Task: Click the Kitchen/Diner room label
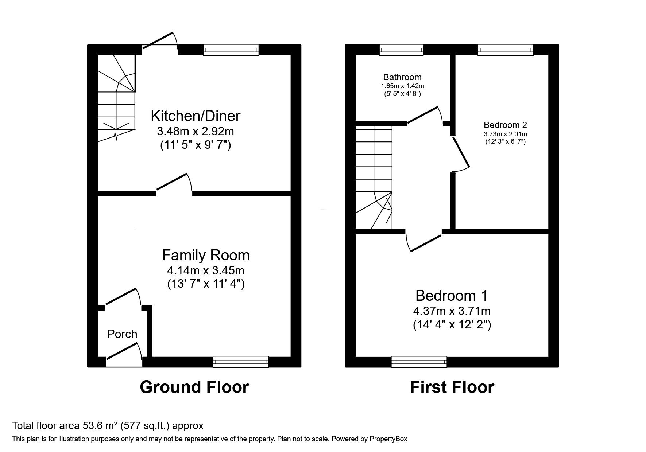tap(196, 116)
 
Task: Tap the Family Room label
tap(206, 255)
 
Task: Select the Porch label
tap(122, 334)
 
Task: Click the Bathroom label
tap(402, 77)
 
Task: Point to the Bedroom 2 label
tap(505, 125)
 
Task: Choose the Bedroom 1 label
tap(452, 295)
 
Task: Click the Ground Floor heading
tap(194, 387)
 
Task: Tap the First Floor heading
tap(452, 387)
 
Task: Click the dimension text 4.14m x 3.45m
tap(206, 270)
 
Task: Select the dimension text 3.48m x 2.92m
tap(196, 131)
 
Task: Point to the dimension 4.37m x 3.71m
tap(452, 311)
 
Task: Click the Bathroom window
tap(401, 50)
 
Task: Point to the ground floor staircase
tap(116, 98)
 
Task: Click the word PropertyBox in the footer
tap(388, 439)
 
